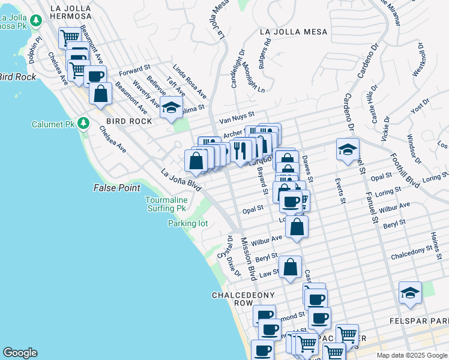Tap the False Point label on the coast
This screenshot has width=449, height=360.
tap(116, 188)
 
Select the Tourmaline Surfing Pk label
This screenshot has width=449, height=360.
tap(167, 204)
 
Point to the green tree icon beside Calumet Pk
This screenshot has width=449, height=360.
tap(84, 124)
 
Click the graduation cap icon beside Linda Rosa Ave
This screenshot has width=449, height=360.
tap(172, 107)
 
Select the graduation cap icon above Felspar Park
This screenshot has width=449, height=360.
tap(410, 292)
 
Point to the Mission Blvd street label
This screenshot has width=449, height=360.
tap(249, 259)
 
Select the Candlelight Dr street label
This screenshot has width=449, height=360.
tap(237, 68)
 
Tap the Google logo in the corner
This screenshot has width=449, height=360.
tap(20, 353)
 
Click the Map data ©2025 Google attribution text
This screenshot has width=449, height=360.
tap(411, 355)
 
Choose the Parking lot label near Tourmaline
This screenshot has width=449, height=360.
tap(187, 224)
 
